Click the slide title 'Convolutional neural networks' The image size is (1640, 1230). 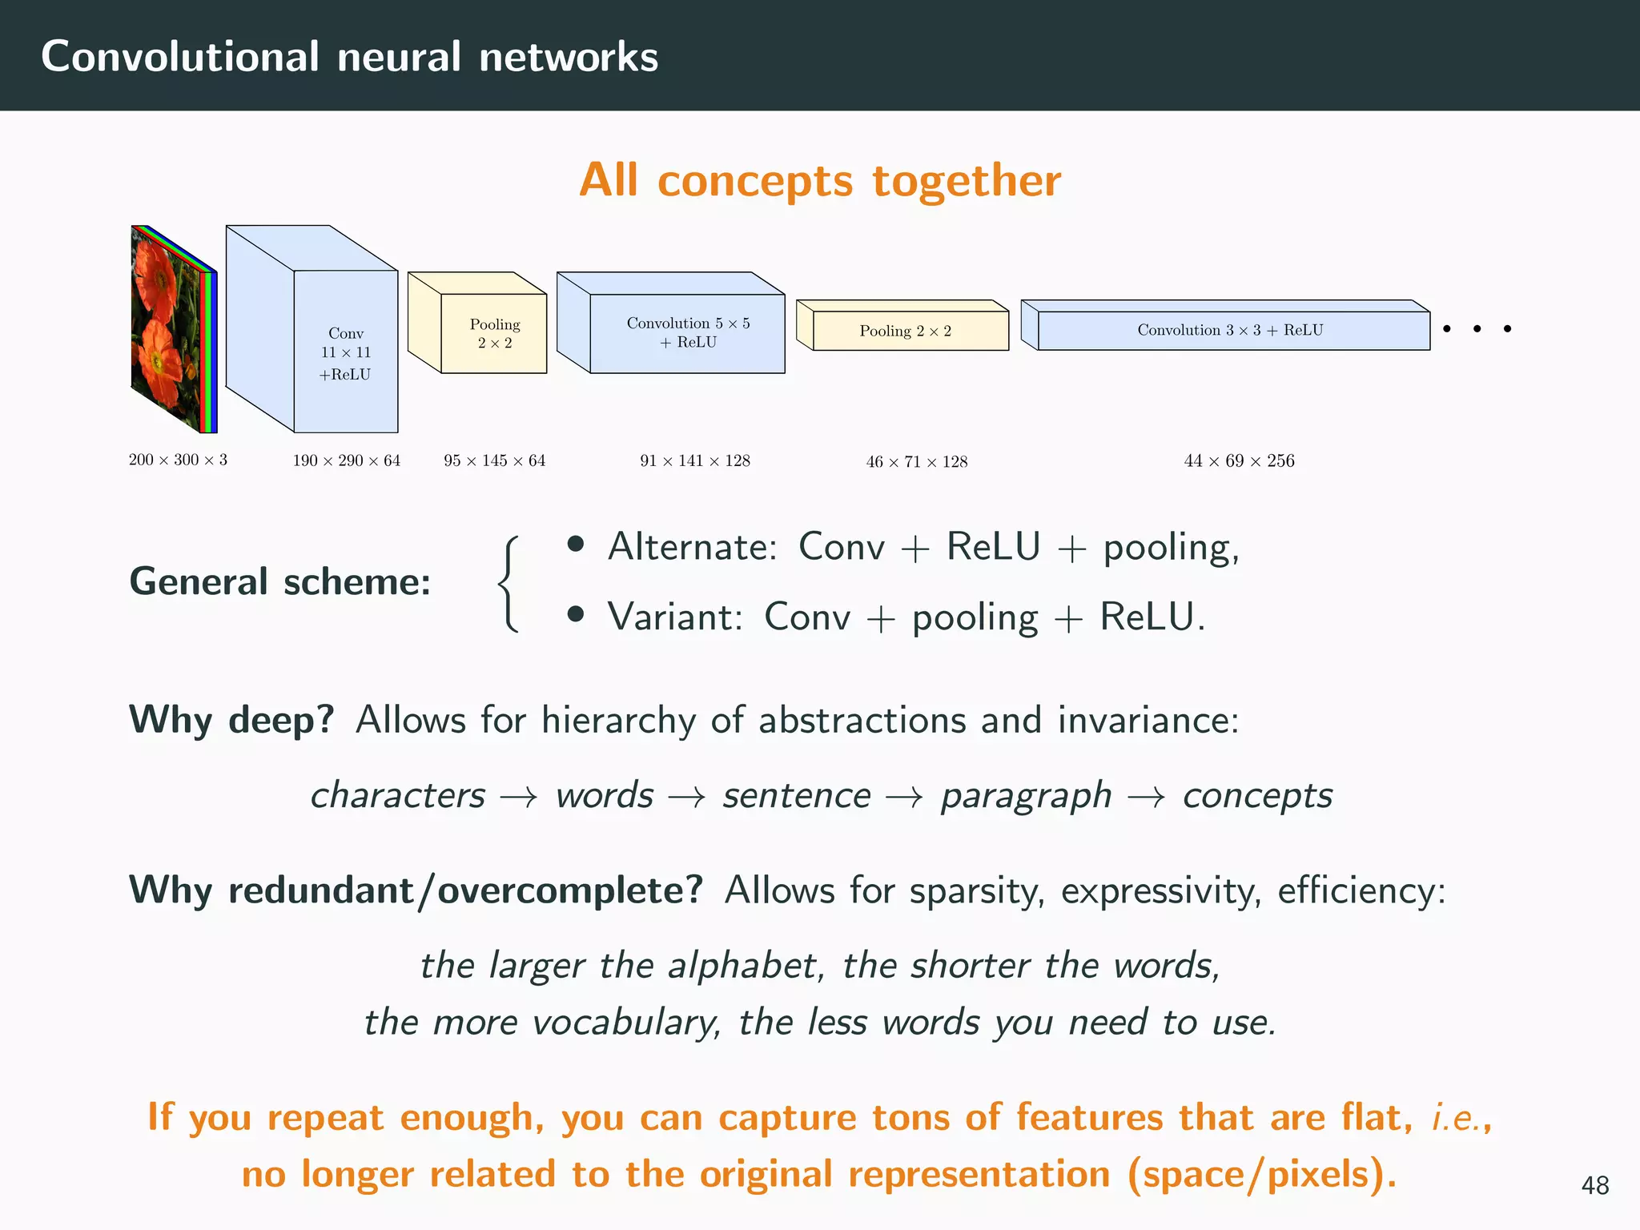click(349, 57)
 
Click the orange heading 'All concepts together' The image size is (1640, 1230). click(820, 180)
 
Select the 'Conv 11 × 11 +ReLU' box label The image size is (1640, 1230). click(346, 353)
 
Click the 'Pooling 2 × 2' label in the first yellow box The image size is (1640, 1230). click(494, 333)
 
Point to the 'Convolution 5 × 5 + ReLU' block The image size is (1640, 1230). click(688, 332)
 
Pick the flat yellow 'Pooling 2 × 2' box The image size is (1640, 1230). click(906, 331)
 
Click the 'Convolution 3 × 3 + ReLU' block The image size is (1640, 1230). click(1230, 330)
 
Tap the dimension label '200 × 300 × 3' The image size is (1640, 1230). click(178, 460)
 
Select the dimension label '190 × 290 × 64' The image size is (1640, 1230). click(346, 460)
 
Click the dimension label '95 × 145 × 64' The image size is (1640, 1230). click(494, 460)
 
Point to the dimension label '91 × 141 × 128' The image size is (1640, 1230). click(694, 460)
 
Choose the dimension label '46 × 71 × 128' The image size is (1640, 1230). click(916, 461)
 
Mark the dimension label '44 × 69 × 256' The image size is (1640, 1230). click(1239, 460)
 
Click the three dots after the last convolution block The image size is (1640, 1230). click(1477, 328)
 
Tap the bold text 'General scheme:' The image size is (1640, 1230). click(279, 581)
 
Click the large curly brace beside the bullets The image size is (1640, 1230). click(509, 584)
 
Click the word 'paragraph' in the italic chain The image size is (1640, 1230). click(1026, 795)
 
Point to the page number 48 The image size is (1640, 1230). click(1594, 1185)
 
